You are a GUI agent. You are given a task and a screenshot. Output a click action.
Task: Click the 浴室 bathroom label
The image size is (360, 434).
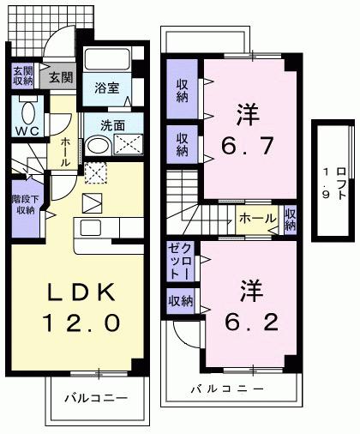(106, 87)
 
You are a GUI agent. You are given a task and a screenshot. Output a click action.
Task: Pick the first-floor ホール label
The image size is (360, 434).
(65, 149)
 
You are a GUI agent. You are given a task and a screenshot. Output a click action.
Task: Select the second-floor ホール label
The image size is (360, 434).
(257, 217)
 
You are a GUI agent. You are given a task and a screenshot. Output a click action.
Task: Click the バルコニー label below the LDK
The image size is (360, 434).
(97, 400)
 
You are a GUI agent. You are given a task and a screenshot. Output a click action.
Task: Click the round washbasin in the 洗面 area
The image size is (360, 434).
(96, 147)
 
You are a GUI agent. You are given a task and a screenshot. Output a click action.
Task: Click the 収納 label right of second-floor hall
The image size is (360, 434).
(291, 220)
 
